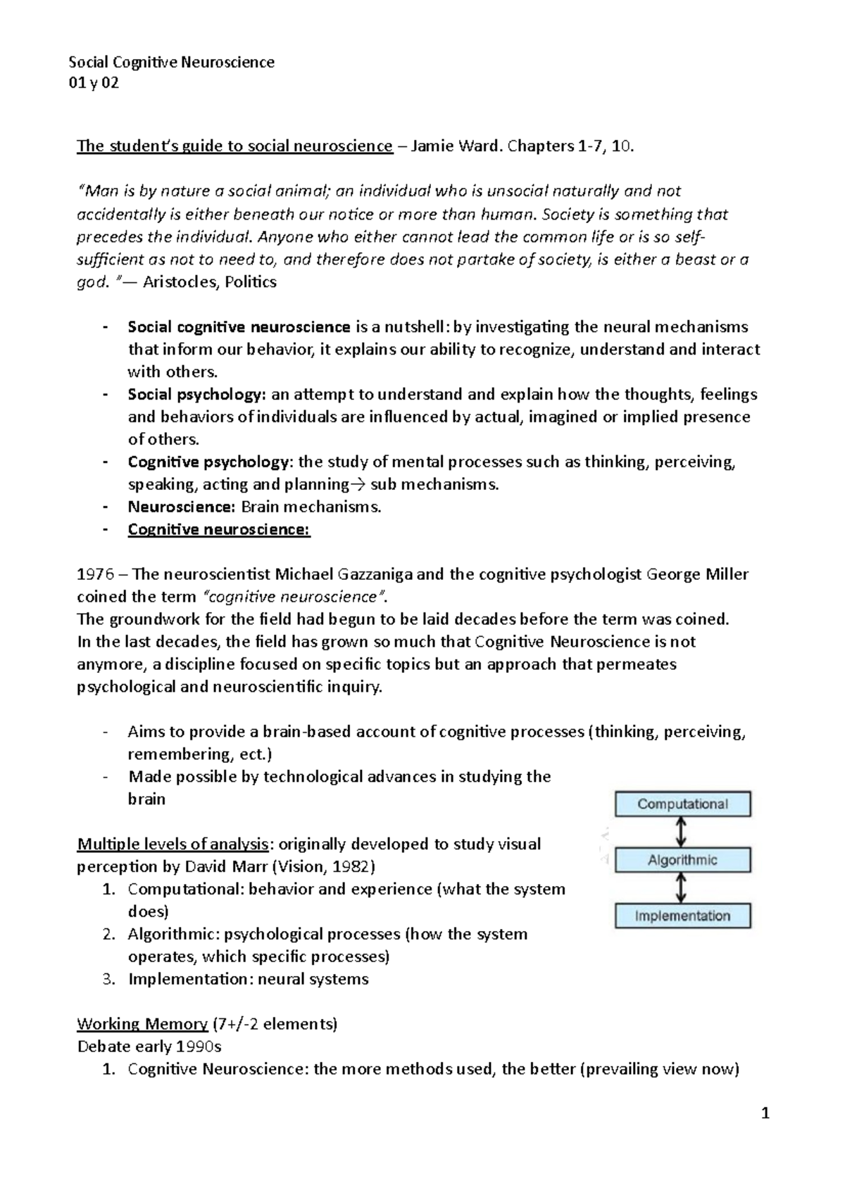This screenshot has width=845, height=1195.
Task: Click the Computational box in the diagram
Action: coord(682,804)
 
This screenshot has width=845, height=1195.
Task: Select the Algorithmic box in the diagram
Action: coord(682,860)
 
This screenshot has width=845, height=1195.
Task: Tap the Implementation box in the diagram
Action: coord(682,916)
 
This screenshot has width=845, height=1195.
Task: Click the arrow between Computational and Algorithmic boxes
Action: coord(681,832)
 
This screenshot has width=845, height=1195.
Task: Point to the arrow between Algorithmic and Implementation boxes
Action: coord(681,888)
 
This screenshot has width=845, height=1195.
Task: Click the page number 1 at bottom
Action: coord(767,1114)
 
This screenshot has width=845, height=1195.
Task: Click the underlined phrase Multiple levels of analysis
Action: coord(173,844)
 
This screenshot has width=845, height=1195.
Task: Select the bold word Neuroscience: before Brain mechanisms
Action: coord(180,507)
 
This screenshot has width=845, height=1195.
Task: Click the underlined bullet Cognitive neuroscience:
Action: coord(218,529)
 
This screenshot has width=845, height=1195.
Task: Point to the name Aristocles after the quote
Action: coord(180,282)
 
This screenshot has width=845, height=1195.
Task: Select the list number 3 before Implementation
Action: coord(107,979)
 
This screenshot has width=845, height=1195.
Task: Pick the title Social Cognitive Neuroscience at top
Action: coord(171,62)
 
